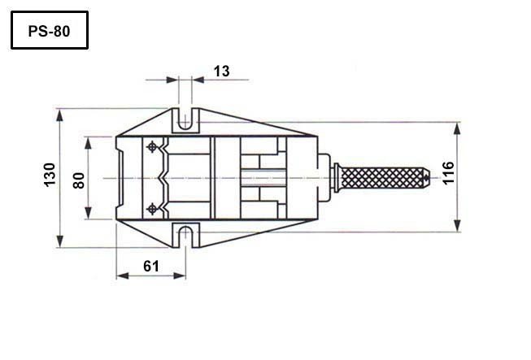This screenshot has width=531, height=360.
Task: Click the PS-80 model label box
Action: [50, 30]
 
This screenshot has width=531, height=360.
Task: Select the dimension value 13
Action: [222, 72]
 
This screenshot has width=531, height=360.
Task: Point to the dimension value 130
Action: [50, 175]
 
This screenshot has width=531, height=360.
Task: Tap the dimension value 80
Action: [79, 180]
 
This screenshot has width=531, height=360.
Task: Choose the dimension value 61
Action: [151, 267]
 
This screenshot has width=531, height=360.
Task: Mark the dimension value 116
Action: [448, 173]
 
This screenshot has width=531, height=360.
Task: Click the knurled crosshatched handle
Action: [382, 178]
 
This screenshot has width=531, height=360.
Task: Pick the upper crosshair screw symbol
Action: [152, 147]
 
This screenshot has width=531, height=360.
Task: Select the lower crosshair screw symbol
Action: [152, 209]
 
